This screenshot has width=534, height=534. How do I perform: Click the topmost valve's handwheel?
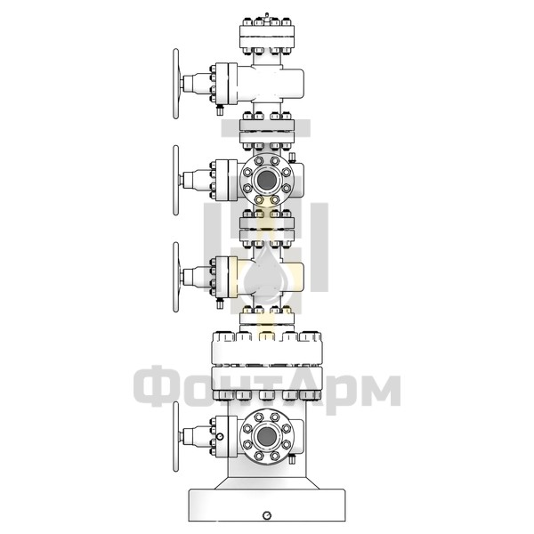175,84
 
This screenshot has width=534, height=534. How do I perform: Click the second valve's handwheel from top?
175,180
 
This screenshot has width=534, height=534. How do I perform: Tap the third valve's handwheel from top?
175,277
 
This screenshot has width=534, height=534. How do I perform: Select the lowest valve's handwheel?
175,436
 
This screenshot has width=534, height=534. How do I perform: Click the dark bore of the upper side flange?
267,180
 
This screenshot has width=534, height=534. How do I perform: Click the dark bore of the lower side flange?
267,436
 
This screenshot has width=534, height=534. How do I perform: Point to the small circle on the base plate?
267,515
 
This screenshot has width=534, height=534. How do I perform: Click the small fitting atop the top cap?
267,15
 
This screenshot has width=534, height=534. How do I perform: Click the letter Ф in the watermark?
155,386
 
